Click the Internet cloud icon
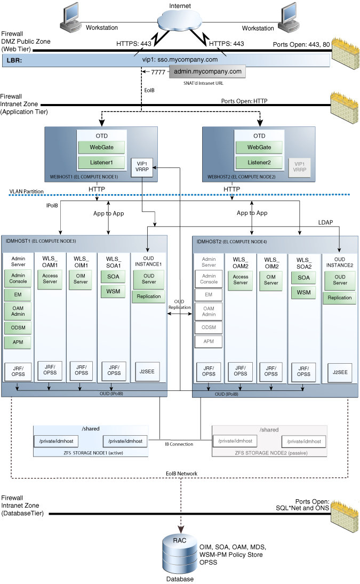tap(179, 20)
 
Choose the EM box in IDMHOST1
tap(18, 295)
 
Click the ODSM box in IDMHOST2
tap(209, 327)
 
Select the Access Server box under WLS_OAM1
tap(50, 279)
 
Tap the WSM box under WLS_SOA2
tap(303, 292)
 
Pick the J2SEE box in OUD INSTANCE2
tap(340, 372)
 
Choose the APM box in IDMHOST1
tap(18, 342)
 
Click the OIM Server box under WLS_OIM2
tap(271, 279)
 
